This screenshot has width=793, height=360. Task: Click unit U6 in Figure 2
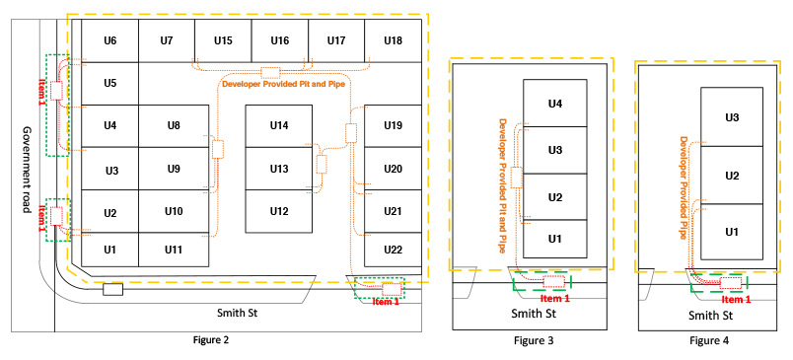[109, 40]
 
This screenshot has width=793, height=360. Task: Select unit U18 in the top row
[393, 40]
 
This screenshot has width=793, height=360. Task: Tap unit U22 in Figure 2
[393, 250]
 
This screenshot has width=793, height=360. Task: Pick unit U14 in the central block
[279, 125]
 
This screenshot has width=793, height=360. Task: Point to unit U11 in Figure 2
[174, 250]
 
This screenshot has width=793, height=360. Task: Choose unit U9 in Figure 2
[174, 169]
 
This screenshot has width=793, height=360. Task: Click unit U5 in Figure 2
[109, 83]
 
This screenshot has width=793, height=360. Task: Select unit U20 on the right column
[393, 169]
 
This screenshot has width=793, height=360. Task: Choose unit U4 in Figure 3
[555, 104]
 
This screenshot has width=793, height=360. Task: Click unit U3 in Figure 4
[732, 117]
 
